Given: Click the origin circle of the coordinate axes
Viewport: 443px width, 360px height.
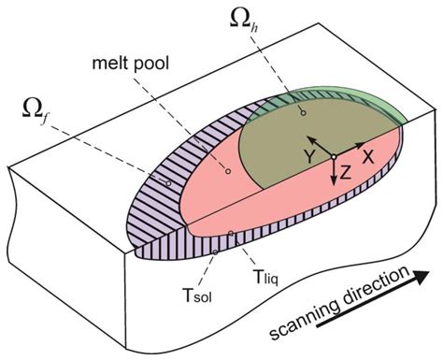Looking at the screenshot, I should [x=334, y=156].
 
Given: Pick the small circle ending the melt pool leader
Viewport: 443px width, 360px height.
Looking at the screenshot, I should [x=228, y=172].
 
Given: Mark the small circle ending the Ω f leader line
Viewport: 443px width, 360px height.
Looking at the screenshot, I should [x=167, y=183].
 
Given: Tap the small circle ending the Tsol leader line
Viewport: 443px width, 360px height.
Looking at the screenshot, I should [x=216, y=251].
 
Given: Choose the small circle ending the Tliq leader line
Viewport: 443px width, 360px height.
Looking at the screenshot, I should [x=231, y=233].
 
